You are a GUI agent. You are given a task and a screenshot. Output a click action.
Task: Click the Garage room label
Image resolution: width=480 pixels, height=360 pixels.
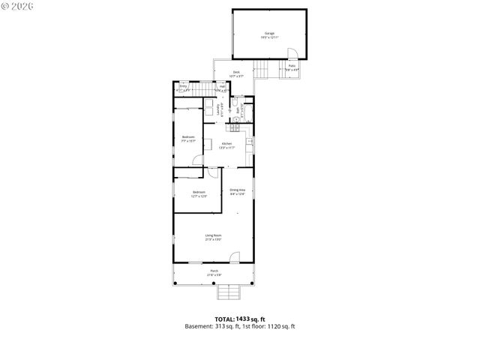click(x=269, y=34)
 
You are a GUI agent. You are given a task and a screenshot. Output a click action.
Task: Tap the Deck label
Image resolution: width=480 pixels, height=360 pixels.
click(x=236, y=73)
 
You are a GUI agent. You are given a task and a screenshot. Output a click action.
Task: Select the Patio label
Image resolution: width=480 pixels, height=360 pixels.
click(x=292, y=67)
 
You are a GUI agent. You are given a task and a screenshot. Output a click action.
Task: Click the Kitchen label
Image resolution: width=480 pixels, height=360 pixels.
click(x=226, y=145)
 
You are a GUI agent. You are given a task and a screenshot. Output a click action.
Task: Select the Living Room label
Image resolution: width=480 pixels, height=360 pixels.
click(x=214, y=238)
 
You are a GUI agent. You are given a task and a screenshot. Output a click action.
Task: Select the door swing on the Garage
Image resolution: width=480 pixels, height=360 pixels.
click(x=295, y=53)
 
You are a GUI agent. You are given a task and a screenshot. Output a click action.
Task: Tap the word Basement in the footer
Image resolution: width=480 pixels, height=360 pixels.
click(x=198, y=327)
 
